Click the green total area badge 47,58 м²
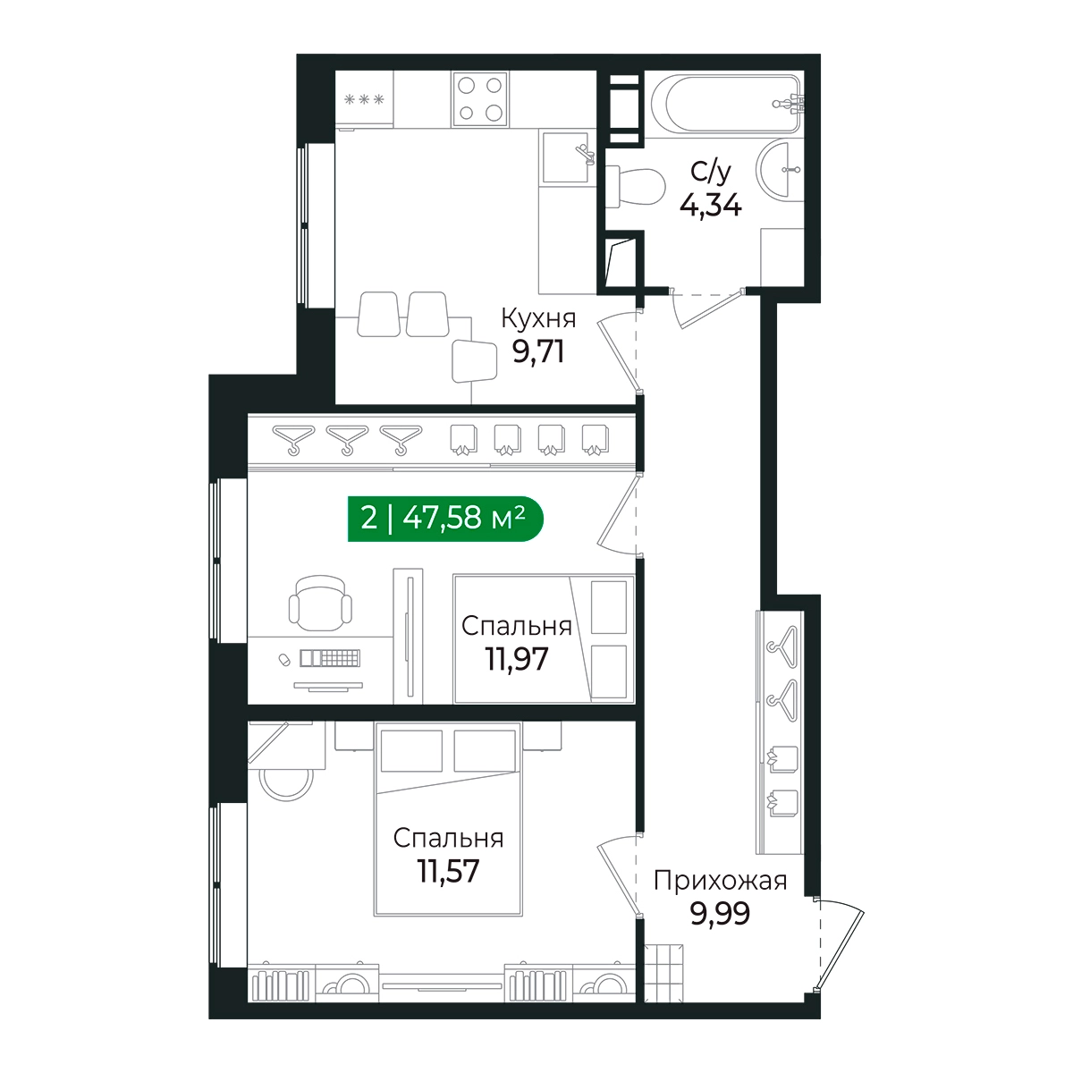tap(445, 519)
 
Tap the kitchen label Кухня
tap(538, 319)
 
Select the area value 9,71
tap(538, 351)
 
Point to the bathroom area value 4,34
tap(711, 205)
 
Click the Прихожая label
tap(720, 882)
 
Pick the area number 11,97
tap(517, 659)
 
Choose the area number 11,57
tap(448, 871)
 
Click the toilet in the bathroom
tap(636, 187)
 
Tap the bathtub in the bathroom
tap(727, 103)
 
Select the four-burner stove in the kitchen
tap(480, 99)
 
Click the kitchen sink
tap(566, 157)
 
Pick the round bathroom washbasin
tap(780, 168)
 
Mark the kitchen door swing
tap(619, 351)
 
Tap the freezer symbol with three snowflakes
tap(364, 99)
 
